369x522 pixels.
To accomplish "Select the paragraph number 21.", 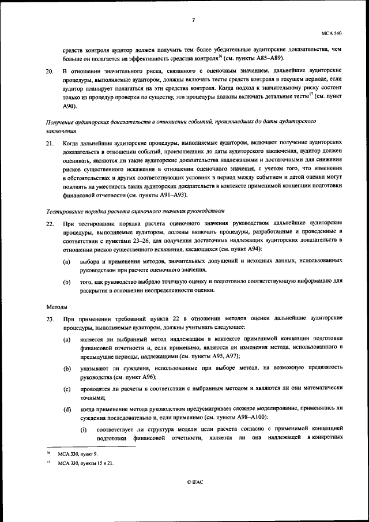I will (x=50, y=141).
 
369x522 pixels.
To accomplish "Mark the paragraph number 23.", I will (x=50, y=318).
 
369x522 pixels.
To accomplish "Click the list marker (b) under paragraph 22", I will (x=67, y=281).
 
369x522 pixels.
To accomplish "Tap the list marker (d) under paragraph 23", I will (x=67, y=408).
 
